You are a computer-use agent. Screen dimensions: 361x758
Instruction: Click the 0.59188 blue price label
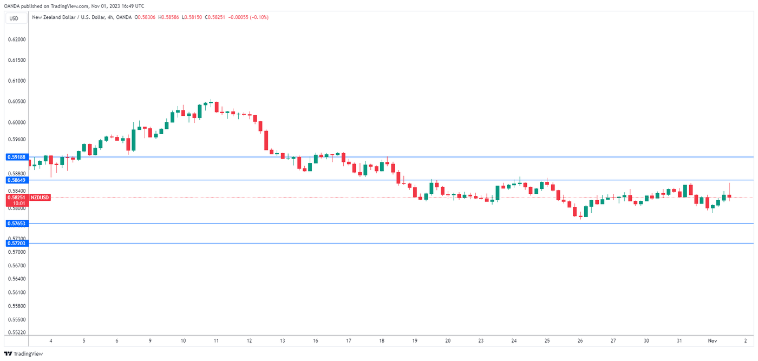[x=16, y=157]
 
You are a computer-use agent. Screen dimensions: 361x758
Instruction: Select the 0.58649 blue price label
[x=16, y=180]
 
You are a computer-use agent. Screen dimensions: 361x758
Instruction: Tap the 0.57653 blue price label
[x=16, y=223]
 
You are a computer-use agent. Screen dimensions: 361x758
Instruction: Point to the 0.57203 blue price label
[x=16, y=244]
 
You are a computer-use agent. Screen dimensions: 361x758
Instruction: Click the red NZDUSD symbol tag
[x=40, y=198]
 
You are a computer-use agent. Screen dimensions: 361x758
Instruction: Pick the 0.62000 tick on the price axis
[x=16, y=40]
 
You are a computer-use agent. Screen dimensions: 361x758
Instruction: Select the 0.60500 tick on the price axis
[x=16, y=101]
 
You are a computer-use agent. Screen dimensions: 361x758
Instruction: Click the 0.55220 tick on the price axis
[x=16, y=332]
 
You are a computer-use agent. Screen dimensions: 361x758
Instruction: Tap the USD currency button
[x=14, y=18]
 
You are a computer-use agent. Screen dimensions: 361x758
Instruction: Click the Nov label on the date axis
[x=712, y=340]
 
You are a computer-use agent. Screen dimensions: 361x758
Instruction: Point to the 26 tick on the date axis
[x=580, y=340]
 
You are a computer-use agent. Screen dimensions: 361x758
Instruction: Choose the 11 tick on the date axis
[x=216, y=340]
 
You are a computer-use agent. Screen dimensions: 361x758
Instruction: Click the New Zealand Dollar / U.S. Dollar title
[x=74, y=17]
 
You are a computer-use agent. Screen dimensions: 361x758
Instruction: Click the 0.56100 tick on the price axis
[x=16, y=292]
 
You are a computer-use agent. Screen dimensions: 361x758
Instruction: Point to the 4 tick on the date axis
[x=50, y=340]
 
